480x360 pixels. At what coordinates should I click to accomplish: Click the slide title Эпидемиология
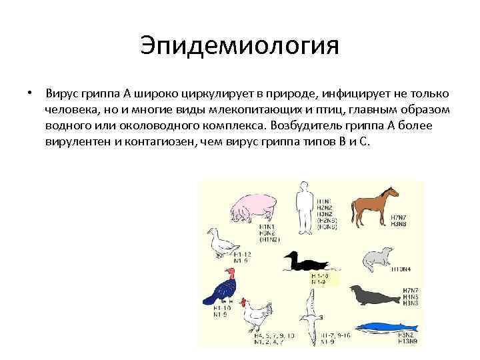pyautogui.click(x=240, y=46)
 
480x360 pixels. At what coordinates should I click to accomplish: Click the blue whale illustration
pyautogui.click(x=387, y=327)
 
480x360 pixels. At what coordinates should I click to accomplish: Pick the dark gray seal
pyautogui.click(x=373, y=294)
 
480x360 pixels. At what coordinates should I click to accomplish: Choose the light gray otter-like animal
pyautogui.click(x=378, y=257)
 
